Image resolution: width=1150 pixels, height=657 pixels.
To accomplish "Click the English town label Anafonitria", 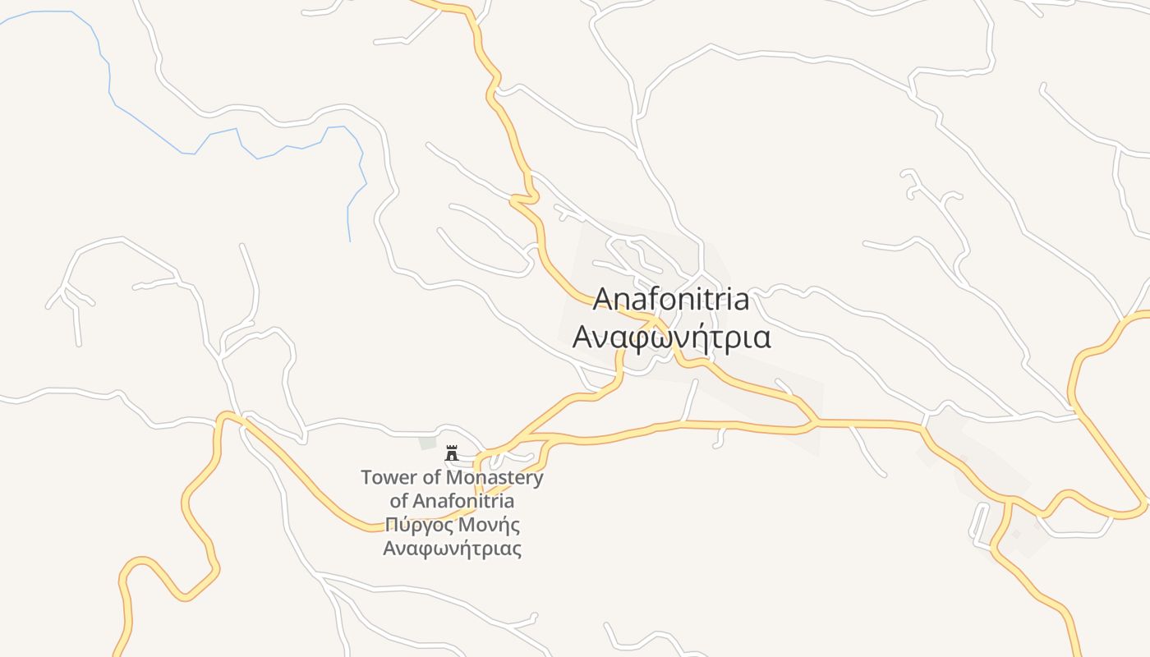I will pyautogui.click(x=671, y=300).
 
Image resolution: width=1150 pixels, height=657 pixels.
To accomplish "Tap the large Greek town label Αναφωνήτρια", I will pyautogui.click(x=671, y=337).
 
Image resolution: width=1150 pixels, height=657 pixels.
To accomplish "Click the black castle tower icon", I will pyautogui.click(x=451, y=453).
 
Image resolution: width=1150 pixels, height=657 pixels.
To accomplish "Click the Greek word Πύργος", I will pyautogui.click(x=416, y=525).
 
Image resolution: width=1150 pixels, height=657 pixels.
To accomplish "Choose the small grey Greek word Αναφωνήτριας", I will pyautogui.click(x=452, y=548).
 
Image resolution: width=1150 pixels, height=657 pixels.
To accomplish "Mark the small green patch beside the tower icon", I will pyautogui.click(x=427, y=443).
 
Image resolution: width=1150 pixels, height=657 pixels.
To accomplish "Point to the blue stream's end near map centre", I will pyautogui.click(x=350, y=240).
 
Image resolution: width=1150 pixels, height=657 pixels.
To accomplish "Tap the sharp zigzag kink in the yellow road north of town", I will pyautogui.click(x=523, y=198).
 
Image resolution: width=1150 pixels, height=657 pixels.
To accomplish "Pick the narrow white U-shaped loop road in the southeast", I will pyautogui.click(x=979, y=526).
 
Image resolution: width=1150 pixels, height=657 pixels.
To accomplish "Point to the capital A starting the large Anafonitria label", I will pyautogui.click(x=602, y=300).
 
